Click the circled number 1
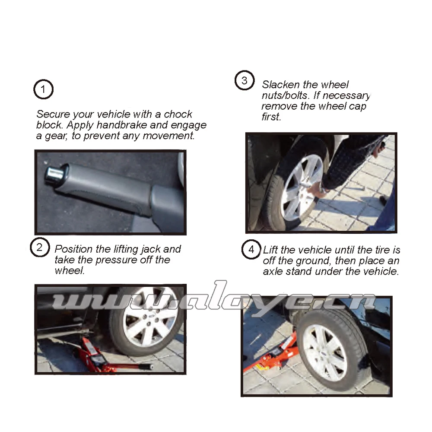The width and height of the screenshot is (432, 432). pos(43,90)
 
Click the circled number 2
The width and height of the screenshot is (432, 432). pos(39,248)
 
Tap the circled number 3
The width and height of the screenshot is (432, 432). pos(245,81)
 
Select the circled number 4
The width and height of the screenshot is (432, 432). pos(251,250)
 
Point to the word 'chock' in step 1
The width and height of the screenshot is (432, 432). pos(178,114)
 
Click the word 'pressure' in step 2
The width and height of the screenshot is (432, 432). pos(116,260)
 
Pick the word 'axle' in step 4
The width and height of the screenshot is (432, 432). pos(273,271)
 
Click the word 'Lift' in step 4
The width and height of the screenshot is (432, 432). pos(271,250)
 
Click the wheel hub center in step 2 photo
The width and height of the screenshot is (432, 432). pos(149,322)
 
